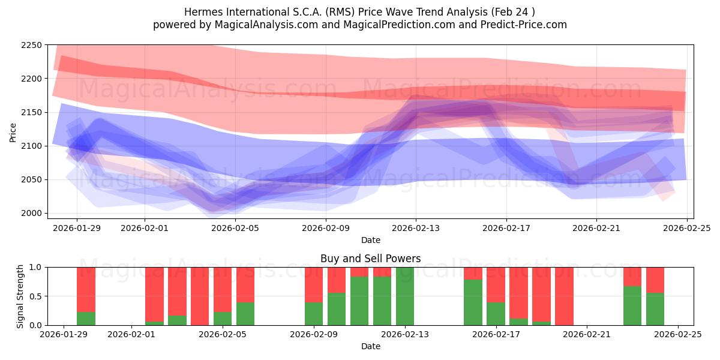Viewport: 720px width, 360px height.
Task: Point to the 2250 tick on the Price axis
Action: point(32,46)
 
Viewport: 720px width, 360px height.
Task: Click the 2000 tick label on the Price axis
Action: point(32,213)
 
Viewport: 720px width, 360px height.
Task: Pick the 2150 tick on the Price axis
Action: point(32,112)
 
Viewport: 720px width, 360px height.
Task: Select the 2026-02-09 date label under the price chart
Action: point(325,228)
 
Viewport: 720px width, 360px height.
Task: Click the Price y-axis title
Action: point(13,132)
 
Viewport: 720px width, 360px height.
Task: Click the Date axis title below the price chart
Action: point(370,240)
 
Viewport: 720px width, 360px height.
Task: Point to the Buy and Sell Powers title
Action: point(370,259)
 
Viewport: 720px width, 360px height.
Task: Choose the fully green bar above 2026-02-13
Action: point(405,296)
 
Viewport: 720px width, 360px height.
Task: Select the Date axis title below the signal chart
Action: point(370,346)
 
